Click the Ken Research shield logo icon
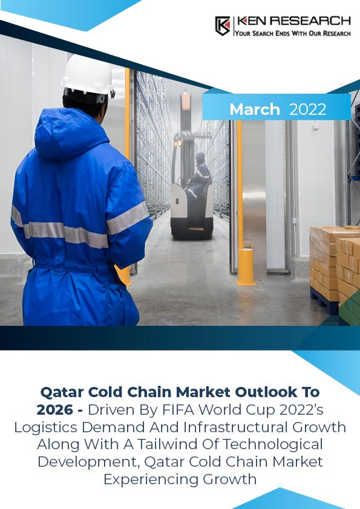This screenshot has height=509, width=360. point(222,25)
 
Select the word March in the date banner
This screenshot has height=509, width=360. point(255,109)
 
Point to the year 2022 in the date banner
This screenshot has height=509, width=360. point(307,109)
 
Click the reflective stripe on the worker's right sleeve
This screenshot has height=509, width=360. point(126,218)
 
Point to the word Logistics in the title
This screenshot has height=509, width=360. point(48,427)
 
